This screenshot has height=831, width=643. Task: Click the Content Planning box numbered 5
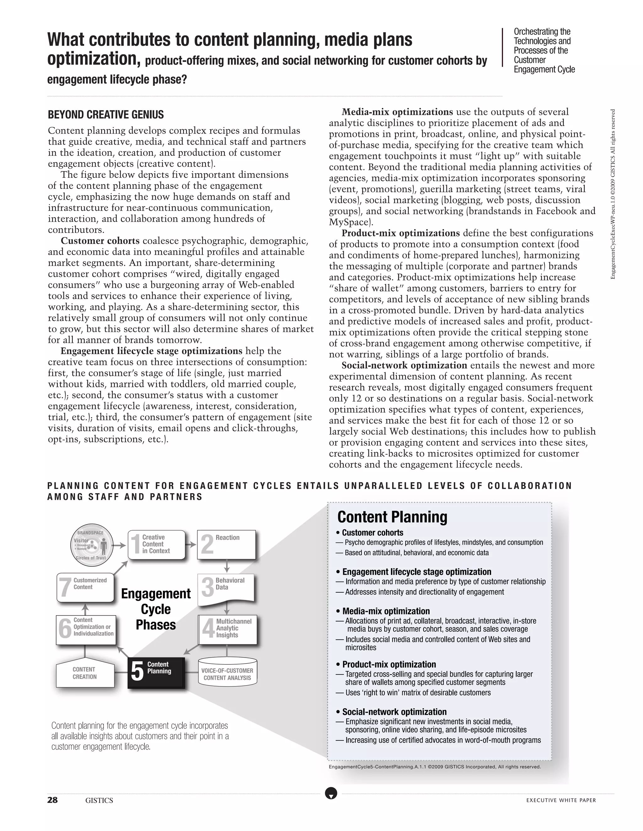(156, 673)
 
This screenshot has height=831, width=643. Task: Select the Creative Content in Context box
(157, 544)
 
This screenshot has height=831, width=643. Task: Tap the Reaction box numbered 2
(226, 544)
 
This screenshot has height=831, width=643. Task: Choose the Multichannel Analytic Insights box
(228, 629)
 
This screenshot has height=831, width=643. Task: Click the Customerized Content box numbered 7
(85, 587)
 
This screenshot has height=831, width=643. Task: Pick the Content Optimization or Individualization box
(86, 630)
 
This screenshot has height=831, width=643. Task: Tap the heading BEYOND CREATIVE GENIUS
(105, 114)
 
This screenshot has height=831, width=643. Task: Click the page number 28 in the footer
(52, 800)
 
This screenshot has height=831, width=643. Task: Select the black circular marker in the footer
(331, 793)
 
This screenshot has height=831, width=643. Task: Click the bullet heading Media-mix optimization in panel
(386, 611)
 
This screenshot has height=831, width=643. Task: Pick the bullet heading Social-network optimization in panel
(394, 712)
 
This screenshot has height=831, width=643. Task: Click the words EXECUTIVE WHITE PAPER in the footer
(561, 800)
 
